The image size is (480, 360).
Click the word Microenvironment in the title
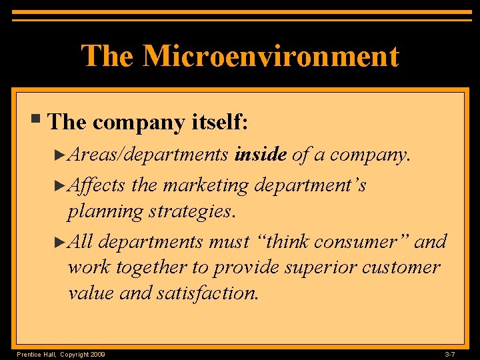point(270,56)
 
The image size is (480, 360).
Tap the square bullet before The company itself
point(39,120)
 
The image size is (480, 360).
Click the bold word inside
point(260,155)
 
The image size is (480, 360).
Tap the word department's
point(309,185)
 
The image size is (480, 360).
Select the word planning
point(105,212)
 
